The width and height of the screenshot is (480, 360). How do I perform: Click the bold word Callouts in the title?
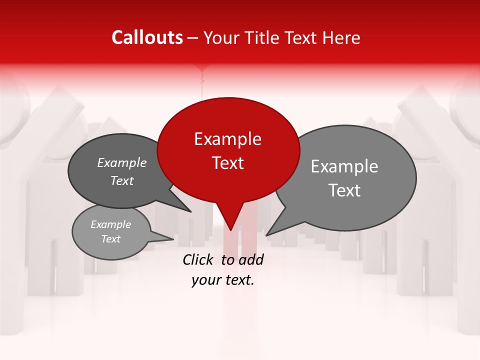coord(147,37)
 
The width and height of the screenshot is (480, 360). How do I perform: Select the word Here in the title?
coord(341,37)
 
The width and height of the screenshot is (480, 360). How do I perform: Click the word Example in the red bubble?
coord(227,139)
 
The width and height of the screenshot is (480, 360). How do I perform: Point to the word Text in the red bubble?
coord(227,163)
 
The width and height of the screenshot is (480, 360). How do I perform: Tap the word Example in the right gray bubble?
coord(344,166)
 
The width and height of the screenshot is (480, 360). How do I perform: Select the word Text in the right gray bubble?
coord(344,190)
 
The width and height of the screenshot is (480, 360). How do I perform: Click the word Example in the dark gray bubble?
coord(122,162)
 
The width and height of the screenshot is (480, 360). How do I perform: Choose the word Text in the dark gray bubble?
coord(122,180)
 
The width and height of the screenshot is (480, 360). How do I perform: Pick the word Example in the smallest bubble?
coord(111,224)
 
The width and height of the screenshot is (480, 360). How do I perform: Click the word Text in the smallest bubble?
coord(111,239)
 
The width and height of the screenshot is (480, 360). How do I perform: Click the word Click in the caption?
coord(198,259)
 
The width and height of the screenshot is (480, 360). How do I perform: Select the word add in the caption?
coord(251,259)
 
